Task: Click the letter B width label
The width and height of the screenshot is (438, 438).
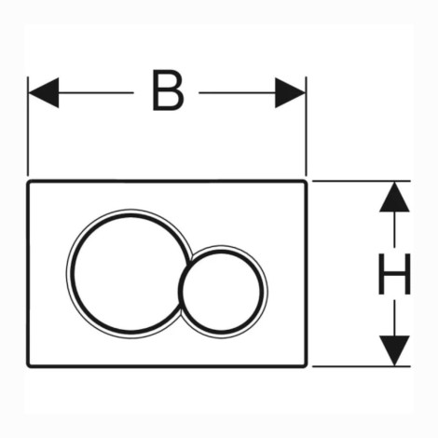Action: (x=168, y=90)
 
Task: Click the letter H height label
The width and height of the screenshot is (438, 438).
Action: (x=394, y=274)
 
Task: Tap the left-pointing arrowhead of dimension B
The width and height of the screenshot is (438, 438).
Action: (x=44, y=92)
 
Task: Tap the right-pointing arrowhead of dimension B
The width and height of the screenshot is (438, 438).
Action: (x=290, y=92)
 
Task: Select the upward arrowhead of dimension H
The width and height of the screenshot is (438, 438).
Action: (x=394, y=197)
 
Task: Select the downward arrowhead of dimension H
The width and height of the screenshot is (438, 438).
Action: (x=394, y=350)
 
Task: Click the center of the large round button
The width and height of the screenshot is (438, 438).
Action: (x=129, y=273)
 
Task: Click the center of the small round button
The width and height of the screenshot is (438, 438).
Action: (x=222, y=292)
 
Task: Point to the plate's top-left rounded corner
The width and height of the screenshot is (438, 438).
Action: (x=29, y=183)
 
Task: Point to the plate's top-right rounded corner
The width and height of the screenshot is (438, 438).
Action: (x=305, y=183)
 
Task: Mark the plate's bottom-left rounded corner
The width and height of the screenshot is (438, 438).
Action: (x=29, y=365)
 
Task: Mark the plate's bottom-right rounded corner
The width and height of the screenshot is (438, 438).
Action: (x=305, y=365)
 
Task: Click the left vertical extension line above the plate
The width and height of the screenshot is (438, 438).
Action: (x=28, y=127)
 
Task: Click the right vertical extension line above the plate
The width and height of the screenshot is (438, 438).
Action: (x=306, y=127)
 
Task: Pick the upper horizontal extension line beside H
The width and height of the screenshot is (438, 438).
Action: (x=362, y=181)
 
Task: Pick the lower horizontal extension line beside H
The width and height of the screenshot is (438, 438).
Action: (x=362, y=366)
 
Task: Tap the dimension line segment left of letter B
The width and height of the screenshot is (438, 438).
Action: (x=96, y=92)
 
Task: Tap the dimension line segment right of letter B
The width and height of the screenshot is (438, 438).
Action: (x=237, y=92)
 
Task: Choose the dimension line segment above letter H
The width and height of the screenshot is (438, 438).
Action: (x=394, y=230)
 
